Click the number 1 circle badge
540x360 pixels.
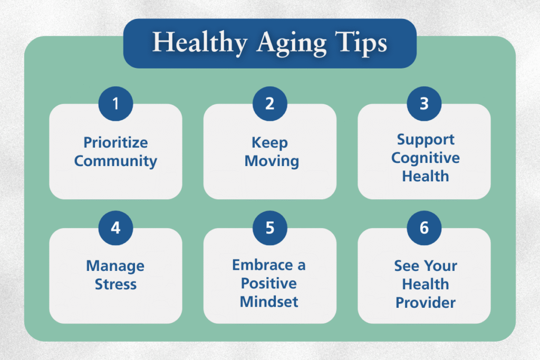point(115,103)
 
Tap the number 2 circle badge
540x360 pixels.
point(269,103)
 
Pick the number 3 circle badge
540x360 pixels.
point(424,103)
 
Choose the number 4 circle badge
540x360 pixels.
point(115,228)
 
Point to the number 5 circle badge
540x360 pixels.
point(269,228)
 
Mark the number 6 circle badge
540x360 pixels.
point(424,228)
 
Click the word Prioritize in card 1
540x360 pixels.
point(115,143)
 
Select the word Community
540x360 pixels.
point(115,161)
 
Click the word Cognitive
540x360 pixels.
point(425,158)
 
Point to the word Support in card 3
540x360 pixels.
point(426,140)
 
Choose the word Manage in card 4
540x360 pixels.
point(115,266)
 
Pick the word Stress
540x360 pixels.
point(115,284)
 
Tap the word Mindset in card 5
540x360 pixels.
point(269,302)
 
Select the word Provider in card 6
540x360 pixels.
point(426,303)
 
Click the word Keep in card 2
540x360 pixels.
point(269,143)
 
